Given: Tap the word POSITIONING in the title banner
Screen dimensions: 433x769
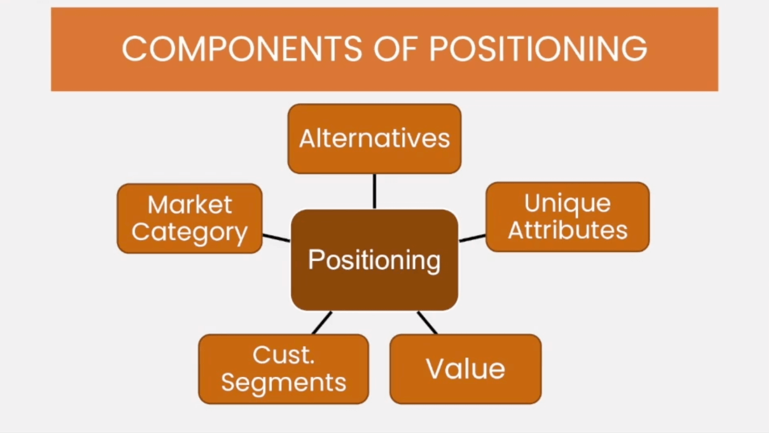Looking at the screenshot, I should click(538, 49).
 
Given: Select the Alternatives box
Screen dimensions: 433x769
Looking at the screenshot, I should click(375, 138).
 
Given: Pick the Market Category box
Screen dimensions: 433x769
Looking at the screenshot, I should click(189, 219).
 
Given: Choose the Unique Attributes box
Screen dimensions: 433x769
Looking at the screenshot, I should click(568, 217).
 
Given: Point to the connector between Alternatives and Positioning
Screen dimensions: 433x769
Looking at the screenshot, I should click(375, 191).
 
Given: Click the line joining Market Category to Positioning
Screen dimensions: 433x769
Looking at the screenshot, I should click(276, 238).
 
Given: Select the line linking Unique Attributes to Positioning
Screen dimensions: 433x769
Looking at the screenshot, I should click(472, 238).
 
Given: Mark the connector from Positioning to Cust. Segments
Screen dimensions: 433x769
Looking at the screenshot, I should click(322, 323).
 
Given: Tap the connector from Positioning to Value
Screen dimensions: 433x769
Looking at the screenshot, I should click(427, 323).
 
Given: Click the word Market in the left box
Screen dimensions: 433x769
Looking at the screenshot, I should click(190, 205).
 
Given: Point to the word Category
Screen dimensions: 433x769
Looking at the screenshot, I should click(189, 232).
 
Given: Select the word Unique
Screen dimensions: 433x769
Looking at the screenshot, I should click(568, 203).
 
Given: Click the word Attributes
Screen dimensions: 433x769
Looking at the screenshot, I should click(568, 230).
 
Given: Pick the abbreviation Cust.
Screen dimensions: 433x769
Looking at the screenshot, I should click(284, 355).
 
